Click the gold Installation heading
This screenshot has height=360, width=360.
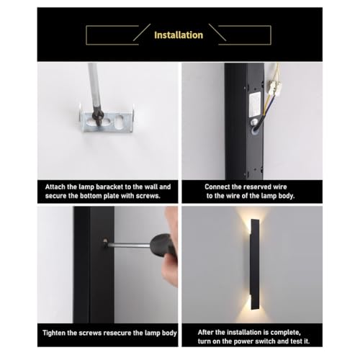click(x=179, y=35)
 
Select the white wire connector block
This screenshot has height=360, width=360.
click(x=274, y=85)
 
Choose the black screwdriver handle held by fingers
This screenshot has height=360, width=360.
click(x=164, y=245)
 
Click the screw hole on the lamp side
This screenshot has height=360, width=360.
click(x=105, y=240)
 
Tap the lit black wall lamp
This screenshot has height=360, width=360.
click(x=254, y=264)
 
